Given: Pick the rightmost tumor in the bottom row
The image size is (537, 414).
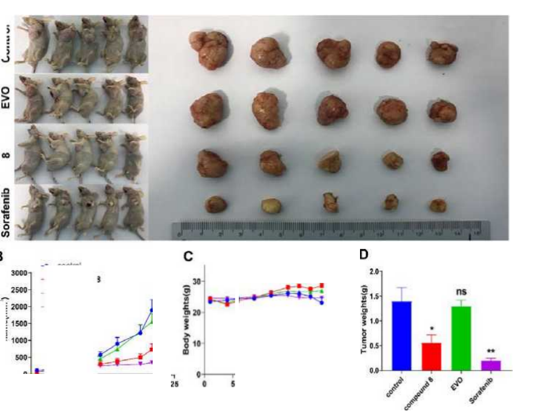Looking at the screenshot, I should pos(438,205).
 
